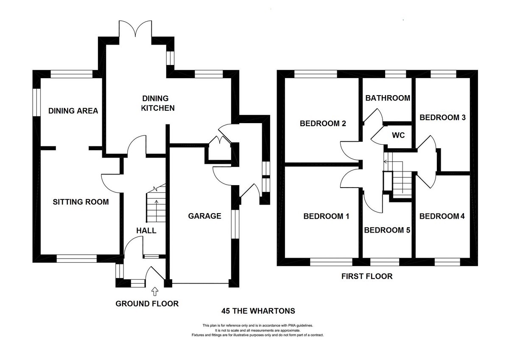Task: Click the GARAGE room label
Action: [x=205, y=216]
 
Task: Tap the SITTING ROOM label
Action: [x=81, y=202]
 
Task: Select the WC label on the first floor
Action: [x=398, y=136]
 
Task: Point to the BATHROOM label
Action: [x=388, y=98]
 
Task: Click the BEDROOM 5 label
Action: [x=387, y=230]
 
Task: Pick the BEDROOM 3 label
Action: [x=442, y=117]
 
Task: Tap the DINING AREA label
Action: [x=73, y=111]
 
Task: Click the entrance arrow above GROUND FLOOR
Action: [x=154, y=291]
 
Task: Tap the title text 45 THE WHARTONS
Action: [x=258, y=311]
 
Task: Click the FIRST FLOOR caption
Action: [x=367, y=276]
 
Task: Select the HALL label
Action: [x=146, y=231]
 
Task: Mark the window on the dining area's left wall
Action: [x=37, y=102]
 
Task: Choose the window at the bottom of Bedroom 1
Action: [x=331, y=262]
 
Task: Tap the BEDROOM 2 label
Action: [x=323, y=124]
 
